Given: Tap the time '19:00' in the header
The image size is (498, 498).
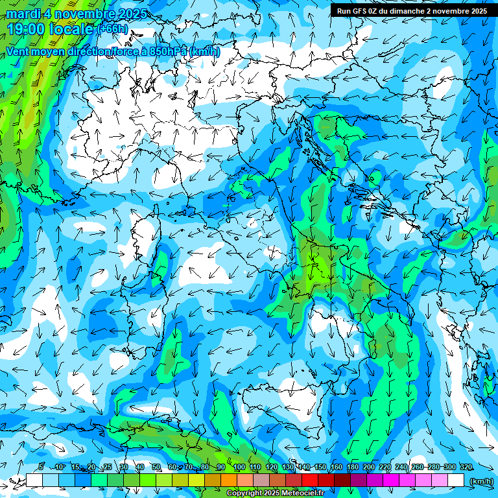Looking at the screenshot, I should (27, 29).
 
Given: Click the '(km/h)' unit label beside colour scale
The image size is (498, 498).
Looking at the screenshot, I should (480, 481).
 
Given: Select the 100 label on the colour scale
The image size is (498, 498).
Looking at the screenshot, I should (239, 467).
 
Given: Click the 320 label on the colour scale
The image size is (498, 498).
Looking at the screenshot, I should (466, 467).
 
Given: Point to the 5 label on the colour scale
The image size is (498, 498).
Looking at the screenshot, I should (41, 467).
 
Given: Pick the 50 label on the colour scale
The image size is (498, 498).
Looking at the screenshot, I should (156, 467).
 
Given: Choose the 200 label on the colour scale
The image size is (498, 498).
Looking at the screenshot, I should (368, 467).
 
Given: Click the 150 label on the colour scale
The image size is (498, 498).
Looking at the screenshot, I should (320, 467).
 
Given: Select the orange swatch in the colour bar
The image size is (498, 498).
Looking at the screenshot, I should (229, 480).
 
